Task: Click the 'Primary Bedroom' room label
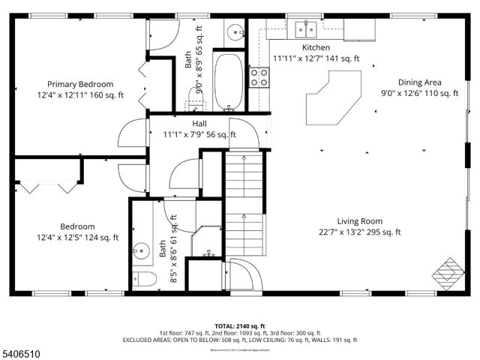point(80,84)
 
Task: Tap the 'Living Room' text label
point(360,221)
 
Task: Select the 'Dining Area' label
point(419,82)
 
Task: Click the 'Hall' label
point(199,124)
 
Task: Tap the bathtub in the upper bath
point(229,79)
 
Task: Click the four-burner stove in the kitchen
point(259,76)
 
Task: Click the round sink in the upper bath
point(235,32)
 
